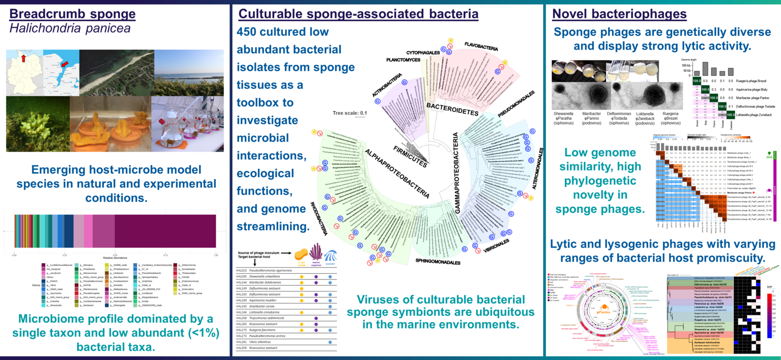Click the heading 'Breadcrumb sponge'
pos(72,14)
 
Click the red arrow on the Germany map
pos(23,59)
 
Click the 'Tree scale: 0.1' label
pos(350,113)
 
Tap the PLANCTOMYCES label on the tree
pos(403,60)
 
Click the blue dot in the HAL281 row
pos(330,342)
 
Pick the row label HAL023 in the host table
pos(242,271)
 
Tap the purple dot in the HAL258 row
pos(316,318)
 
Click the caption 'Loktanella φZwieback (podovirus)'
pos(644,118)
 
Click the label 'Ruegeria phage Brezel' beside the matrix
pos(751,81)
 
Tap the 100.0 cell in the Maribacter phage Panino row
pos(713,98)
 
